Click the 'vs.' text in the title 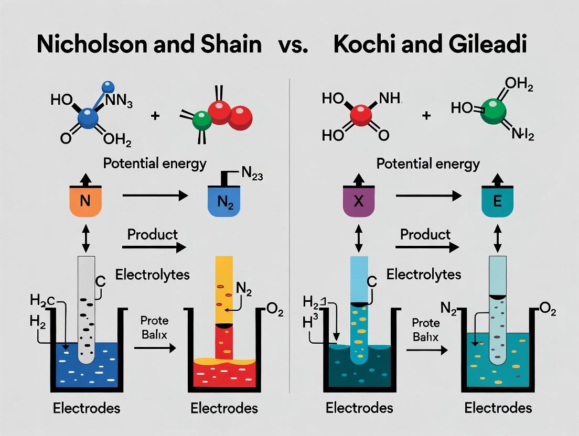coord(298,46)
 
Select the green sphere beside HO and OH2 coord(493,109)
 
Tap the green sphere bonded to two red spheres coord(201,121)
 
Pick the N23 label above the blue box coord(252,176)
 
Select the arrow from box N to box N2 coord(155,196)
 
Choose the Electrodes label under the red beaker coord(224,408)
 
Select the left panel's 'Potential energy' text coord(155,163)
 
